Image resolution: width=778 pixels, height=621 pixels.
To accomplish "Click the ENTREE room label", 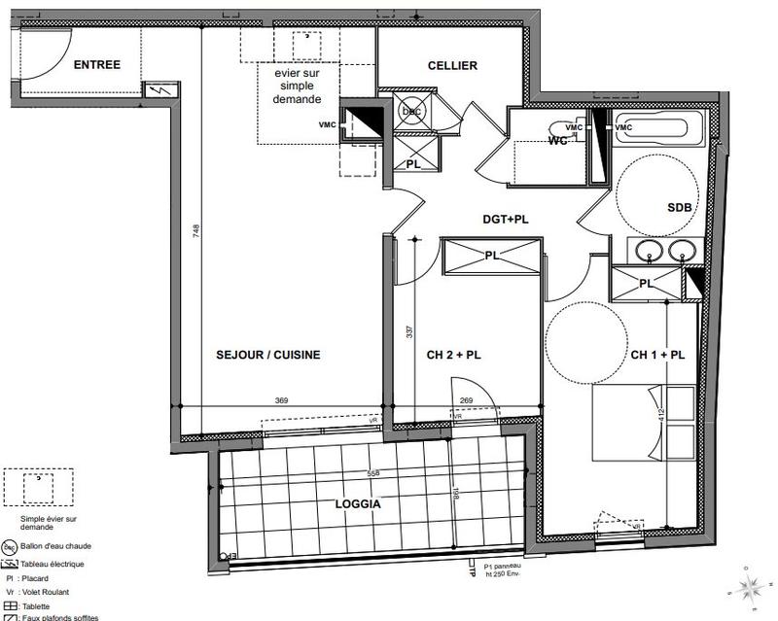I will click(96, 65).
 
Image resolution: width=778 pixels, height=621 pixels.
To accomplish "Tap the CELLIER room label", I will click(452, 65).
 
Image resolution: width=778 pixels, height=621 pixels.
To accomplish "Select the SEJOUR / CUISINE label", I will click(267, 355).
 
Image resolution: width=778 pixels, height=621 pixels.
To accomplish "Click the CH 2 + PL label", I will click(454, 356).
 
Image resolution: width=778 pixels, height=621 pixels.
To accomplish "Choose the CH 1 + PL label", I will click(657, 356).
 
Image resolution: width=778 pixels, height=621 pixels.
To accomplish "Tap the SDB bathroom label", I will click(680, 208).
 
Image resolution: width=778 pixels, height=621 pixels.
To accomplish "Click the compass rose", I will click(749, 586).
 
